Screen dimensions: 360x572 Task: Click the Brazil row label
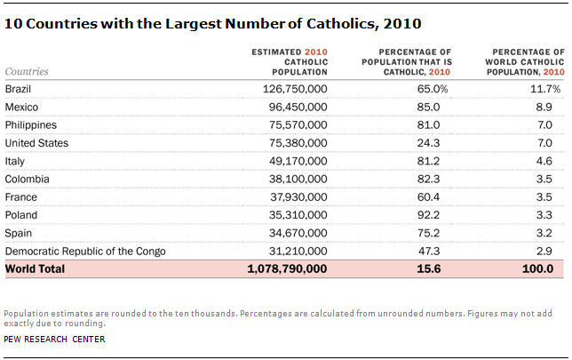click(x=19, y=89)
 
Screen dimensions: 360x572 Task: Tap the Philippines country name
click(x=31, y=124)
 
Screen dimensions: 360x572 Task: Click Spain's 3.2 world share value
click(x=544, y=232)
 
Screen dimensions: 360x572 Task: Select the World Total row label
click(x=35, y=268)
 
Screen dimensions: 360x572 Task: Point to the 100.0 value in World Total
click(x=538, y=268)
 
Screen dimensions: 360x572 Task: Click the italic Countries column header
click(x=27, y=70)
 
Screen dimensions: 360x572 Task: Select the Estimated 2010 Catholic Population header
click(x=291, y=62)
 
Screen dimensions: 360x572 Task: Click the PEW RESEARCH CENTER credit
click(x=54, y=339)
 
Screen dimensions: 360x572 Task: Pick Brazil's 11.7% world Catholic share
click(x=543, y=89)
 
